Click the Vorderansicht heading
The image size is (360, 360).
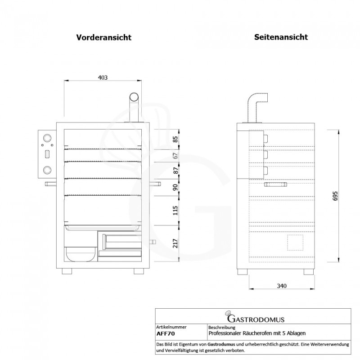(103, 38)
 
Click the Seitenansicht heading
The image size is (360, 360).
(281, 37)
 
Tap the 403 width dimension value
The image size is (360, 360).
(103, 77)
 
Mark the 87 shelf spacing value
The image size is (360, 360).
(175, 170)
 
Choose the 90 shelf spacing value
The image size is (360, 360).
(175, 187)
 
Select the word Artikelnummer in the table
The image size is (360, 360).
(171, 327)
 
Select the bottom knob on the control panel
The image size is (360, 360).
(47, 170)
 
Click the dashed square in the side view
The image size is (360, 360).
(295, 242)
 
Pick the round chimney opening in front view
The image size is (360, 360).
(134, 97)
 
